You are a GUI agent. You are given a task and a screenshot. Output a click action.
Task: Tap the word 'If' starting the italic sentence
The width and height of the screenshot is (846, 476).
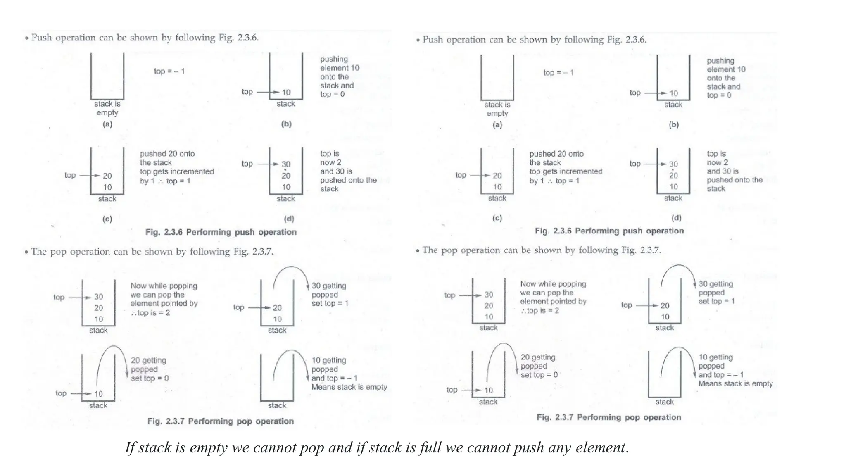[x=130, y=447]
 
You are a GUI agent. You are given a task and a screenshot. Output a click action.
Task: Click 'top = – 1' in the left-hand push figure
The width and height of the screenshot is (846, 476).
[x=169, y=71]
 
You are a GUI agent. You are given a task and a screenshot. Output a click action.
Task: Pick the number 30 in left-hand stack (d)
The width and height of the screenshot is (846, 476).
[x=286, y=164]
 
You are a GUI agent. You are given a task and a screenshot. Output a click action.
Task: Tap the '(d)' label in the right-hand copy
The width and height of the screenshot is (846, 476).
[x=676, y=218]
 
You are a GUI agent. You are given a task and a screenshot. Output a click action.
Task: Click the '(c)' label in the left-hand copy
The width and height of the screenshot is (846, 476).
[x=107, y=219]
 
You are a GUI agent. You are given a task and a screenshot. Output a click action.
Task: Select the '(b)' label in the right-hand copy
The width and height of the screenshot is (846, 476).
[x=673, y=124]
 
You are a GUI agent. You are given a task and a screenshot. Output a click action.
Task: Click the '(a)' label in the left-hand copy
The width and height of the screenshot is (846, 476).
[x=107, y=124]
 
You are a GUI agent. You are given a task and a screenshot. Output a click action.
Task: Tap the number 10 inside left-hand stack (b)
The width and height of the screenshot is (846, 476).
[x=286, y=92]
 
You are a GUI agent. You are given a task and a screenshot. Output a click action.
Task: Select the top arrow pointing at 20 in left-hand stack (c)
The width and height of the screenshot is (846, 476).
[x=89, y=176]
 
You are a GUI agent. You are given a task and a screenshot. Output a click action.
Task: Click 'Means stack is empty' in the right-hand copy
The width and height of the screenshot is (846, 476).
[x=735, y=383]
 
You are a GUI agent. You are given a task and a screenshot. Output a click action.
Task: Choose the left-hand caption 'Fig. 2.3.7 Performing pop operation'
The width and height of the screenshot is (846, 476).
[x=221, y=421]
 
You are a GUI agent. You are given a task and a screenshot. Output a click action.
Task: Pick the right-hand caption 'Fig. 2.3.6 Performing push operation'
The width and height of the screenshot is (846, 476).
[x=609, y=231]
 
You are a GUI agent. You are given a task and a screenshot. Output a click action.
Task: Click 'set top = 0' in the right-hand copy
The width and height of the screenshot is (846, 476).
[x=539, y=375]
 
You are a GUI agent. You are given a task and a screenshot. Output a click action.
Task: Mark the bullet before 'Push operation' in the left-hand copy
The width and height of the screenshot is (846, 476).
[x=26, y=38]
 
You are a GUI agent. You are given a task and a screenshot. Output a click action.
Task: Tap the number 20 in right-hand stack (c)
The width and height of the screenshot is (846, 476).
[x=497, y=175]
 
